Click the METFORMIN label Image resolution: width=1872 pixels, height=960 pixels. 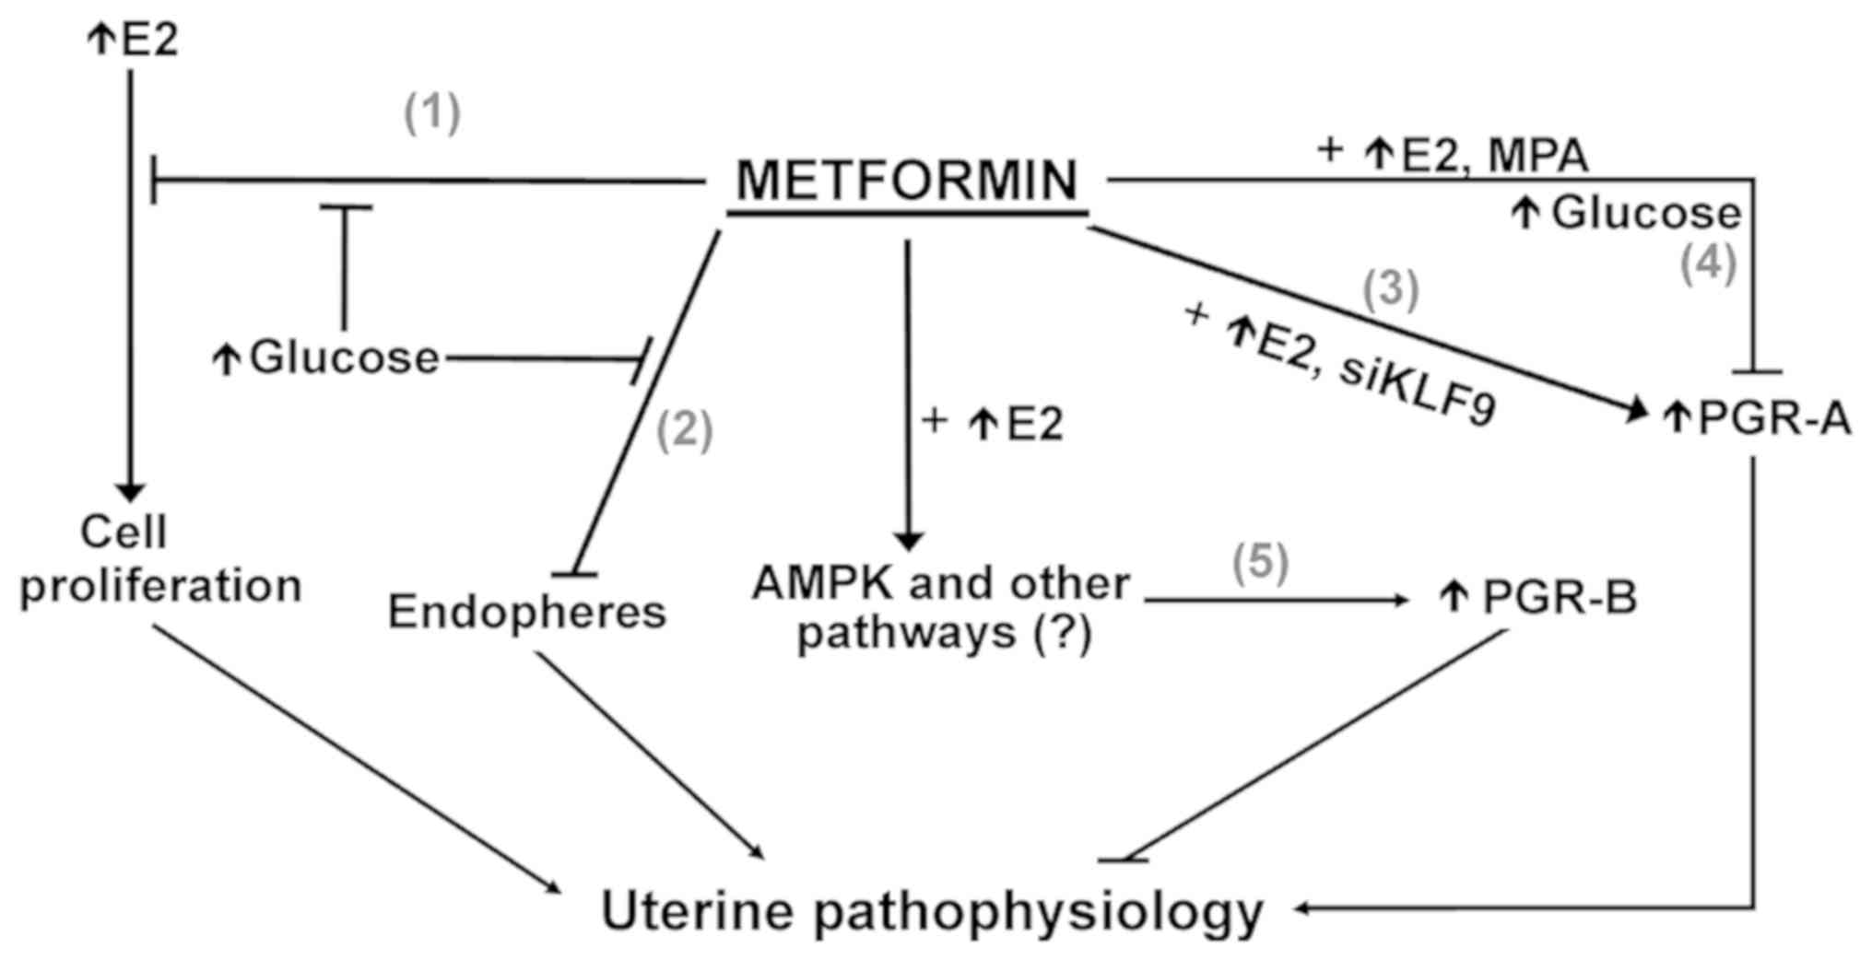pos(907,180)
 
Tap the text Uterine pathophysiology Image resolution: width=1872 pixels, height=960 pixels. pos(932,911)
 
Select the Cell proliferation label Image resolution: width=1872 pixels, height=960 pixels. pos(160,559)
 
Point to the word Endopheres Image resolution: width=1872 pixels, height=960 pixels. pos(526,612)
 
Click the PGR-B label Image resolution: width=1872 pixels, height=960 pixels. pos(1559,598)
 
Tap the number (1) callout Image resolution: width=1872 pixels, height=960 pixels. pos(432,113)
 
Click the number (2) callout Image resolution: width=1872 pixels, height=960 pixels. pos(684,429)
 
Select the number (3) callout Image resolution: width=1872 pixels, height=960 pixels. pos(1390,288)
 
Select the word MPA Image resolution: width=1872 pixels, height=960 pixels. pos(1544,155)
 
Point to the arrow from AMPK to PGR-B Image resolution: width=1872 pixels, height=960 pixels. pos(1277,601)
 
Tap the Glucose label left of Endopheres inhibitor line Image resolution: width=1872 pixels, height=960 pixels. pos(344,357)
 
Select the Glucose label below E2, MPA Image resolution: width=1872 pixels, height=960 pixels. pos(1646,214)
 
